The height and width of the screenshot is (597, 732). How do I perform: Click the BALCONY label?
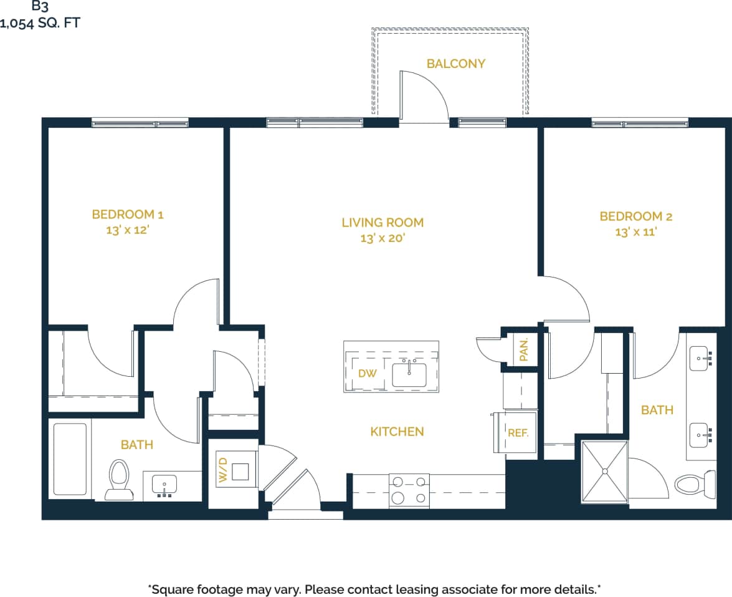coord(455,64)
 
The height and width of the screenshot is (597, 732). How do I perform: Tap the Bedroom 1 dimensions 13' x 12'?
coord(127,230)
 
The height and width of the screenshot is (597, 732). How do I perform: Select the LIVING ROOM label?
coord(383,222)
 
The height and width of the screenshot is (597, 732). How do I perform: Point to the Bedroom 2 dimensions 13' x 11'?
coord(635,232)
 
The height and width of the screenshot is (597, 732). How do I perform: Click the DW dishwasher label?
coord(368,373)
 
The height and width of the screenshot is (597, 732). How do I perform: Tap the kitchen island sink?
coord(409,374)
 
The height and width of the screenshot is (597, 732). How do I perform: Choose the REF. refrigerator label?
coord(518,432)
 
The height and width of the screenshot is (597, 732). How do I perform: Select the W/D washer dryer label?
coord(222,470)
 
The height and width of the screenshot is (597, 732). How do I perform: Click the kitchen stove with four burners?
coord(409,490)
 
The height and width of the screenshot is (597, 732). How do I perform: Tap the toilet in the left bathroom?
coord(118,479)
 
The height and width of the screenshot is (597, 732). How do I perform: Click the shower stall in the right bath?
coord(604,471)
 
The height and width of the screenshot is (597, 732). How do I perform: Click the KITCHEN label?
coord(397,432)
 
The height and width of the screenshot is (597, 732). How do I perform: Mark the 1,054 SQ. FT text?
coord(40,24)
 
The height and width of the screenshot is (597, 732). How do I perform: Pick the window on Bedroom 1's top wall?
coord(140,123)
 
